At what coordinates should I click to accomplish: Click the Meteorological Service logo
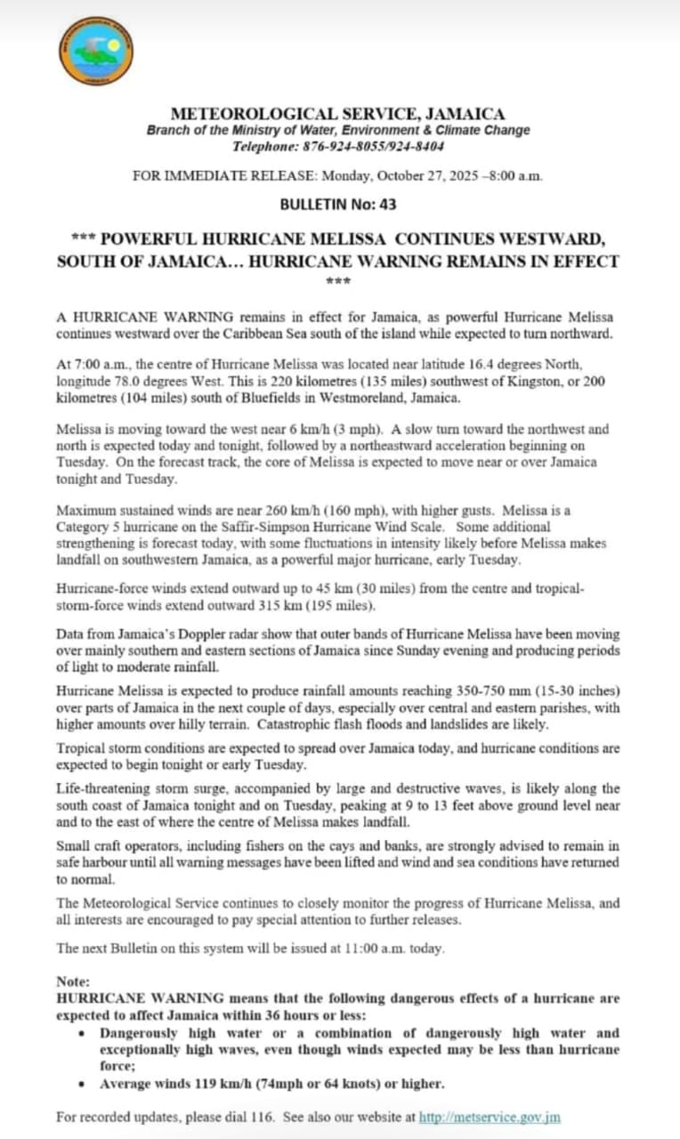[x=97, y=51]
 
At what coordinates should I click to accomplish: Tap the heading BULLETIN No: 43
[x=338, y=204]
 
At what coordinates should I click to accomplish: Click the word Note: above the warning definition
[x=73, y=981]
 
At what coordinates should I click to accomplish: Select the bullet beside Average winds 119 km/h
[x=83, y=1085]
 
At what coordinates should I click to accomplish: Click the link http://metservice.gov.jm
[x=490, y=1117]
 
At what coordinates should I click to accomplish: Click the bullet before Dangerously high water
[x=83, y=1034]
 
